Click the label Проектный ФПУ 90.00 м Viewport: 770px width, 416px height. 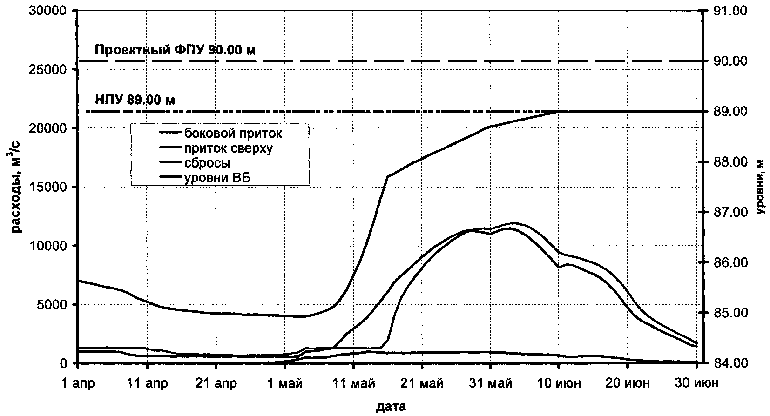point(175,49)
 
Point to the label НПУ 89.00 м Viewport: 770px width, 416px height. point(135,100)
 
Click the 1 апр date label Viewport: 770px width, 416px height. point(78,383)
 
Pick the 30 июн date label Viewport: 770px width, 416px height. point(696,383)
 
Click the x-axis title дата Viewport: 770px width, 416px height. point(391,407)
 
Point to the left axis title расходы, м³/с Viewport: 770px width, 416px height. point(18,186)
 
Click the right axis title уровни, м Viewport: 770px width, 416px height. point(760,186)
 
